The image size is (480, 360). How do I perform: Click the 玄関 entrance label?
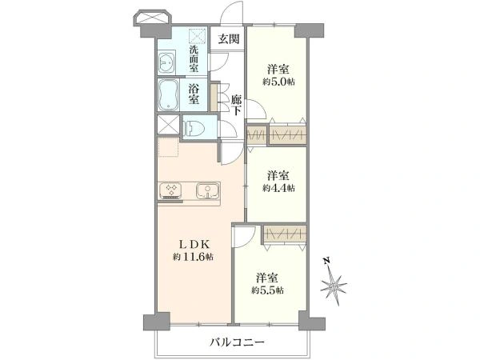(x=228, y=39)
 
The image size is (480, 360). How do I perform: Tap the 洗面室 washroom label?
(x=194, y=58)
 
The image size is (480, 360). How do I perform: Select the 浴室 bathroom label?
(x=194, y=94)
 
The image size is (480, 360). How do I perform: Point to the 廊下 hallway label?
(x=236, y=105)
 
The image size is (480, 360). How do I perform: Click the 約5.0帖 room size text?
(x=278, y=82)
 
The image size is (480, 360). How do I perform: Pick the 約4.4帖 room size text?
(x=278, y=188)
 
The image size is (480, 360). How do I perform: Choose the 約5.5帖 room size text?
(x=267, y=290)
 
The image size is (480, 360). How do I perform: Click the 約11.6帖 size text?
(x=193, y=257)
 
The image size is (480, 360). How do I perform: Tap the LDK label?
(x=194, y=244)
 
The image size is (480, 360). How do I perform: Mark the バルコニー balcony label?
(x=237, y=342)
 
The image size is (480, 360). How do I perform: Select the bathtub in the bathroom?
(x=168, y=94)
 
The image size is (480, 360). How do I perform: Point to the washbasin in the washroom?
(x=167, y=62)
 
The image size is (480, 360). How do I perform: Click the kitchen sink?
(x=207, y=191)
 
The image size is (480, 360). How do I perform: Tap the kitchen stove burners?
(x=170, y=190)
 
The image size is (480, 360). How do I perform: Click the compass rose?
(x=334, y=286)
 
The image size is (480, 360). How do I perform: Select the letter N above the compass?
(x=326, y=261)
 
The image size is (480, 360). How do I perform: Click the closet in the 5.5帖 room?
(x=285, y=234)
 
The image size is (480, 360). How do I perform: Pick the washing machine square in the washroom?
(x=198, y=36)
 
